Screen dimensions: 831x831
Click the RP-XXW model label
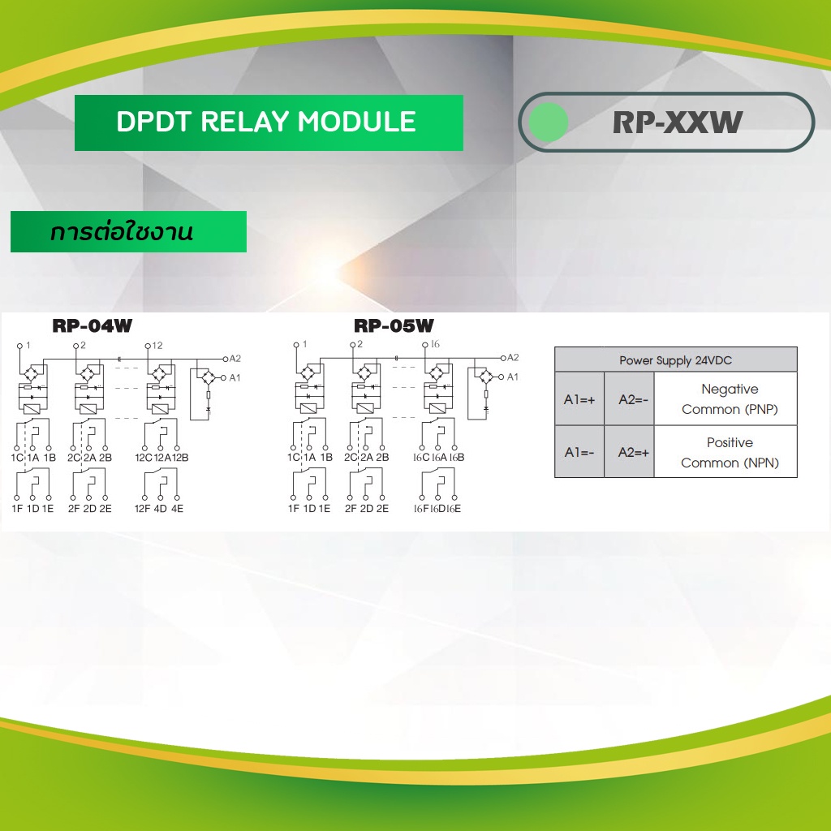(678, 123)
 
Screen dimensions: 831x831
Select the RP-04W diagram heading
(92, 326)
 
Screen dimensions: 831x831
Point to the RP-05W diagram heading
(394, 326)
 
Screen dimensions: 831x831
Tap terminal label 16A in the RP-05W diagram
(438, 458)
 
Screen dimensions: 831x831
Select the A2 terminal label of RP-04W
(235, 358)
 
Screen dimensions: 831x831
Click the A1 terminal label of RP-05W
(512, 377)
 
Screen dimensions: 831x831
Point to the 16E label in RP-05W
(454, 509)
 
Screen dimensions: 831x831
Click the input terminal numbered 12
(157, 346)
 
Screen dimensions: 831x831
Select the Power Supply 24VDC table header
(675, 360)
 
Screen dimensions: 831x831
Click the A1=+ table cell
(579, 399)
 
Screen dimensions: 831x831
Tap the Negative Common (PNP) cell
(729, 399)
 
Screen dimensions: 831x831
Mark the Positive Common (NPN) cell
(729, 452)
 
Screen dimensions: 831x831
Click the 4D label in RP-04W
(161, 509)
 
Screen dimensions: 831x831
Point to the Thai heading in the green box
(122, 233)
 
